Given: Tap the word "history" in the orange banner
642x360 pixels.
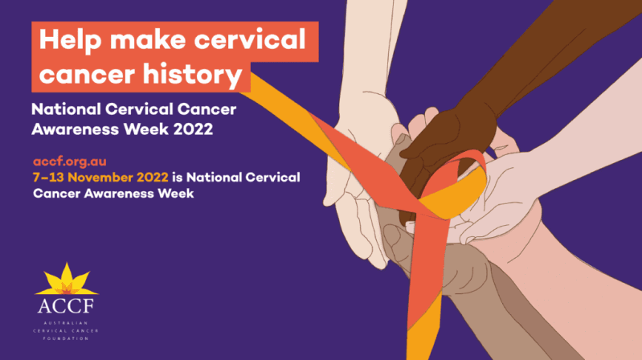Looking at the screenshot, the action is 192,75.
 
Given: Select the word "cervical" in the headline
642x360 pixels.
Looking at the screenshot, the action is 249,39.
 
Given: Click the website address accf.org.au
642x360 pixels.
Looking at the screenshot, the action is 70,162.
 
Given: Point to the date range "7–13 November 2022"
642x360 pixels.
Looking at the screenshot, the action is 100,178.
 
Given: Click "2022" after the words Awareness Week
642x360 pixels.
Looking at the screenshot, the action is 193,129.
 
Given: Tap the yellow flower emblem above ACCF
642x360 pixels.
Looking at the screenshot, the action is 67,280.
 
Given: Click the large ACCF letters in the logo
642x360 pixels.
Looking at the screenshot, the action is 66,306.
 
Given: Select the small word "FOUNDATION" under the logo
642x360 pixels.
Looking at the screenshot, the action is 66,338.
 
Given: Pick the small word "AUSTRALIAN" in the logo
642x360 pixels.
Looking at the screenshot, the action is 66,323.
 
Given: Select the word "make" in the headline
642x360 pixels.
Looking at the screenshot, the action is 148,39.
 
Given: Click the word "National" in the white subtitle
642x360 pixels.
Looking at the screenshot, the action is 66,109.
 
